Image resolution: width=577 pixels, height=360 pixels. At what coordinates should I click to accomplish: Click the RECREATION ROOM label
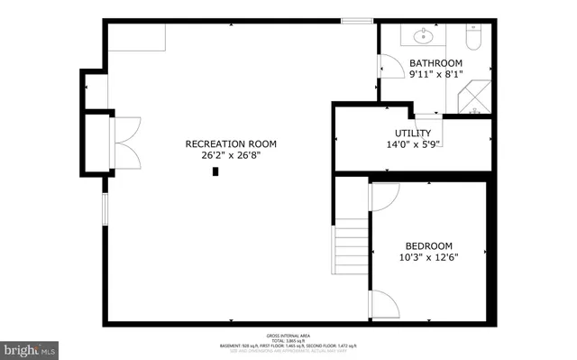click(x=231, y=143)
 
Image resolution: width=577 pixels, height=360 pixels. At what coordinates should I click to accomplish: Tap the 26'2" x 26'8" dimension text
click(x=231, y=155)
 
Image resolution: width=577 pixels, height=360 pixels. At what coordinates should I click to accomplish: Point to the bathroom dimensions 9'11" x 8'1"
click(x=435, y=75)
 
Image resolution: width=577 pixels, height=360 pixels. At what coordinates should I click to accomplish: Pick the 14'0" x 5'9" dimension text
click(x=412, y=144)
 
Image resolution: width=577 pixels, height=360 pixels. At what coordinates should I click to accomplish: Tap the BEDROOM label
click(x=428, y=245)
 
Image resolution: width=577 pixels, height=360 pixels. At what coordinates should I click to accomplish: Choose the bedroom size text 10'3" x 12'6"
click(x=428, y=257)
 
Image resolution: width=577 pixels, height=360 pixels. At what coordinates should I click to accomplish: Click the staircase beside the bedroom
click(x=352, y=254)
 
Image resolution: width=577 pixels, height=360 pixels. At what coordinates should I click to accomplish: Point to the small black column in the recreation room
click(x=215, y=171)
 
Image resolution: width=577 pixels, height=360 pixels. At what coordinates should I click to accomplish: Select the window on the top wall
click(x=356, y=20)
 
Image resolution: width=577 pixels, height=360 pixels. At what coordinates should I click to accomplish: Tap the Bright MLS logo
click(x=29, y=347)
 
